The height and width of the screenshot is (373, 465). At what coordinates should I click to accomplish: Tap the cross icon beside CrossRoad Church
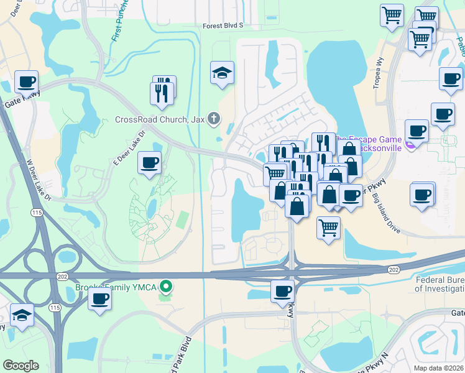213,118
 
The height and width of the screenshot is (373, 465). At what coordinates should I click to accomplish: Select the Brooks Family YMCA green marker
165,287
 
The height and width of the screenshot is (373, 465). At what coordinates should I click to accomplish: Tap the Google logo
21,366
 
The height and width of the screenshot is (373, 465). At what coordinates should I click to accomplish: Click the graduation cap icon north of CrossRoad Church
222,73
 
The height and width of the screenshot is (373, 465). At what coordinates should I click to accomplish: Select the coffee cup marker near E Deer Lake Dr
149,163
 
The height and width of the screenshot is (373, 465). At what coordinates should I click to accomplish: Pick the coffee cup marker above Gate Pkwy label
26,81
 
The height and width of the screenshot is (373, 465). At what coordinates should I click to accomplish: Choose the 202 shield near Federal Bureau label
393,269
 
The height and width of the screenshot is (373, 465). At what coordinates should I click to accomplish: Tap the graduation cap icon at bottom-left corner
22,315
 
